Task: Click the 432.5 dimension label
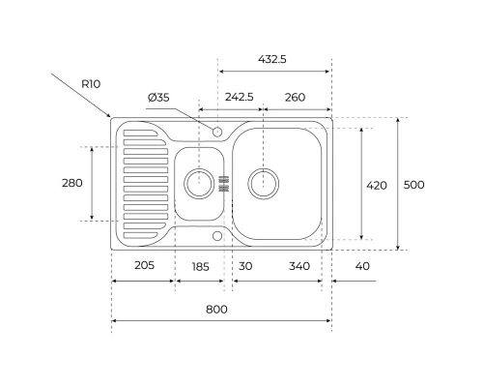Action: tap(274, 59)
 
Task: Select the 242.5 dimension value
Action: tap(240, 97)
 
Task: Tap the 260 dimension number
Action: tap(295, 97)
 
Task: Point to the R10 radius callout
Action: tap(91, 84)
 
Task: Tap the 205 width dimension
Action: tap(144, 266)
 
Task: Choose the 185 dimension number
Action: tap(200, 266)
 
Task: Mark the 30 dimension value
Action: tap(245, 266)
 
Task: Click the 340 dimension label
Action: tap(299, 266)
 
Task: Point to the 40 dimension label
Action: tap(362, 266)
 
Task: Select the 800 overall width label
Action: tap(217, 309)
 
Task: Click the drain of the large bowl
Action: tap(264, 181)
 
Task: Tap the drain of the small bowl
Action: tap(198, 182)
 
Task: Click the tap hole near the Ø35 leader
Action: tap(217, 131)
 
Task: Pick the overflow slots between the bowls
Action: tap(225, 183)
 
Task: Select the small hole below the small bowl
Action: tap(217, 234)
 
